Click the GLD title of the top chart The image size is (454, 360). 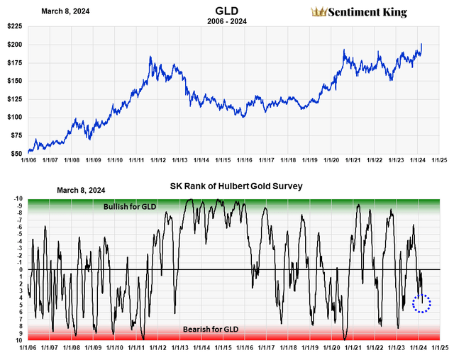228,11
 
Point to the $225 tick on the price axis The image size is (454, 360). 13,26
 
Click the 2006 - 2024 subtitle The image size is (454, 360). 228,21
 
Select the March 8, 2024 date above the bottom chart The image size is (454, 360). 79,190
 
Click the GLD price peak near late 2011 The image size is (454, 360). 150,57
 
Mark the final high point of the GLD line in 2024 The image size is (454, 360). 421,44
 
